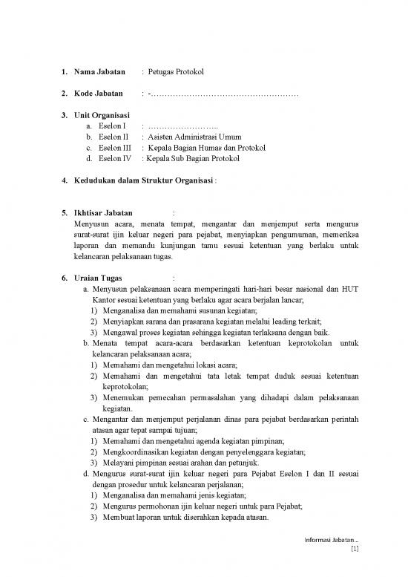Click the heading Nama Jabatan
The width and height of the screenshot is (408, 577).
tap(98, 72)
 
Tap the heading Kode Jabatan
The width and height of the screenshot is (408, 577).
tap(97, 94)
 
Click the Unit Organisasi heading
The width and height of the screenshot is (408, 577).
tap(102, 115)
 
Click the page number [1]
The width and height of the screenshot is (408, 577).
tap(354, 550)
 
